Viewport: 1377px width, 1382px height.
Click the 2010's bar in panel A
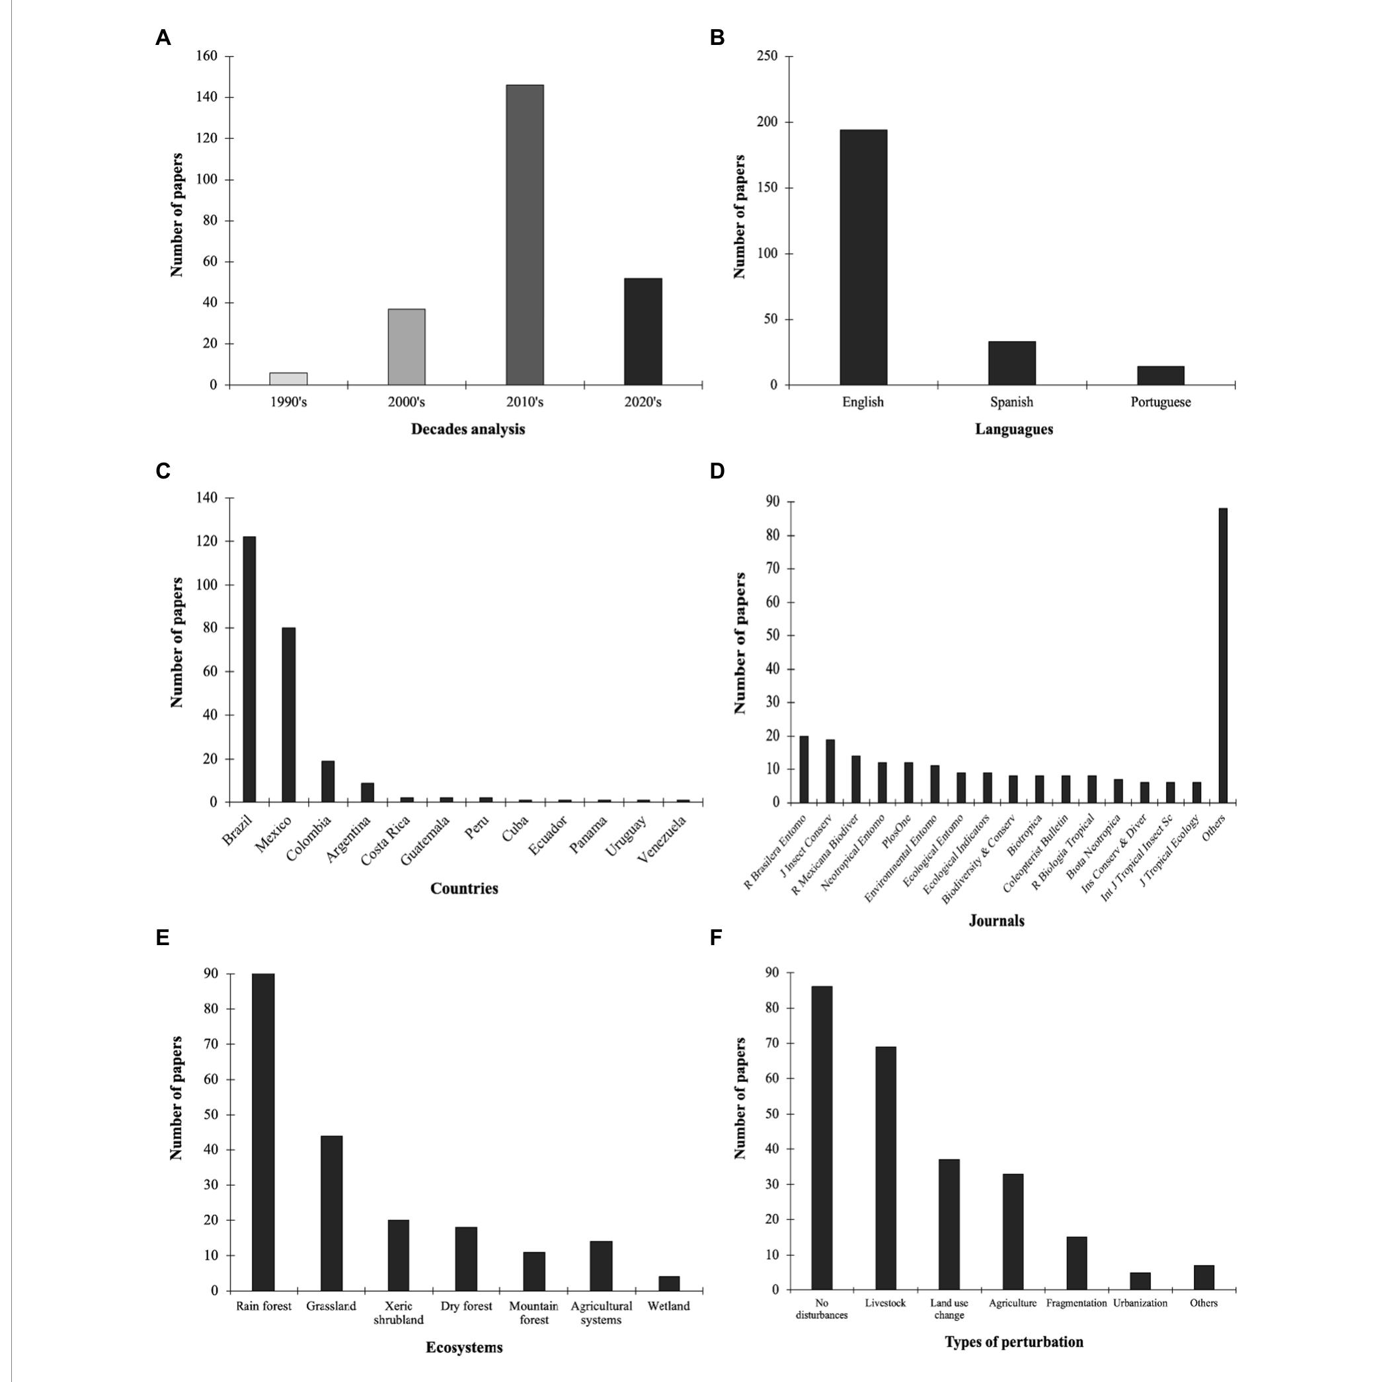(524, 235)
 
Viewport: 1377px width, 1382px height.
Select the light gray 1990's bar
(288, 379)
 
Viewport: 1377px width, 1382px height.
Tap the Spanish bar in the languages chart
(1011, 363)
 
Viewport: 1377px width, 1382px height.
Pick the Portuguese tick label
(1160, 402)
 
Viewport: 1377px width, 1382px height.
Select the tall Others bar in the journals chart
(1222, 654)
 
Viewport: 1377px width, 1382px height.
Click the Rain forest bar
(263, 1132)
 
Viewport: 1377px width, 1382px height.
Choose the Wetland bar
(669, 1283)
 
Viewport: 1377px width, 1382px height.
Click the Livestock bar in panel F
(885, 1167)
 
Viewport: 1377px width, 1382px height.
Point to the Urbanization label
(1140, 1303)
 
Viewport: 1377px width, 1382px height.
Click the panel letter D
(717, 471)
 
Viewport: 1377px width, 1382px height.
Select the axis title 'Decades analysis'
(468, 429)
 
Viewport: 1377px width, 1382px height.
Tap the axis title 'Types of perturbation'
(1013, 1341)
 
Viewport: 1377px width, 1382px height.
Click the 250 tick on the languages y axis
(767, 57)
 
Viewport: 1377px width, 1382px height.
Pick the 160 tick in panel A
(207, 57)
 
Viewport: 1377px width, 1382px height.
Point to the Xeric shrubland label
(399, 1313)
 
